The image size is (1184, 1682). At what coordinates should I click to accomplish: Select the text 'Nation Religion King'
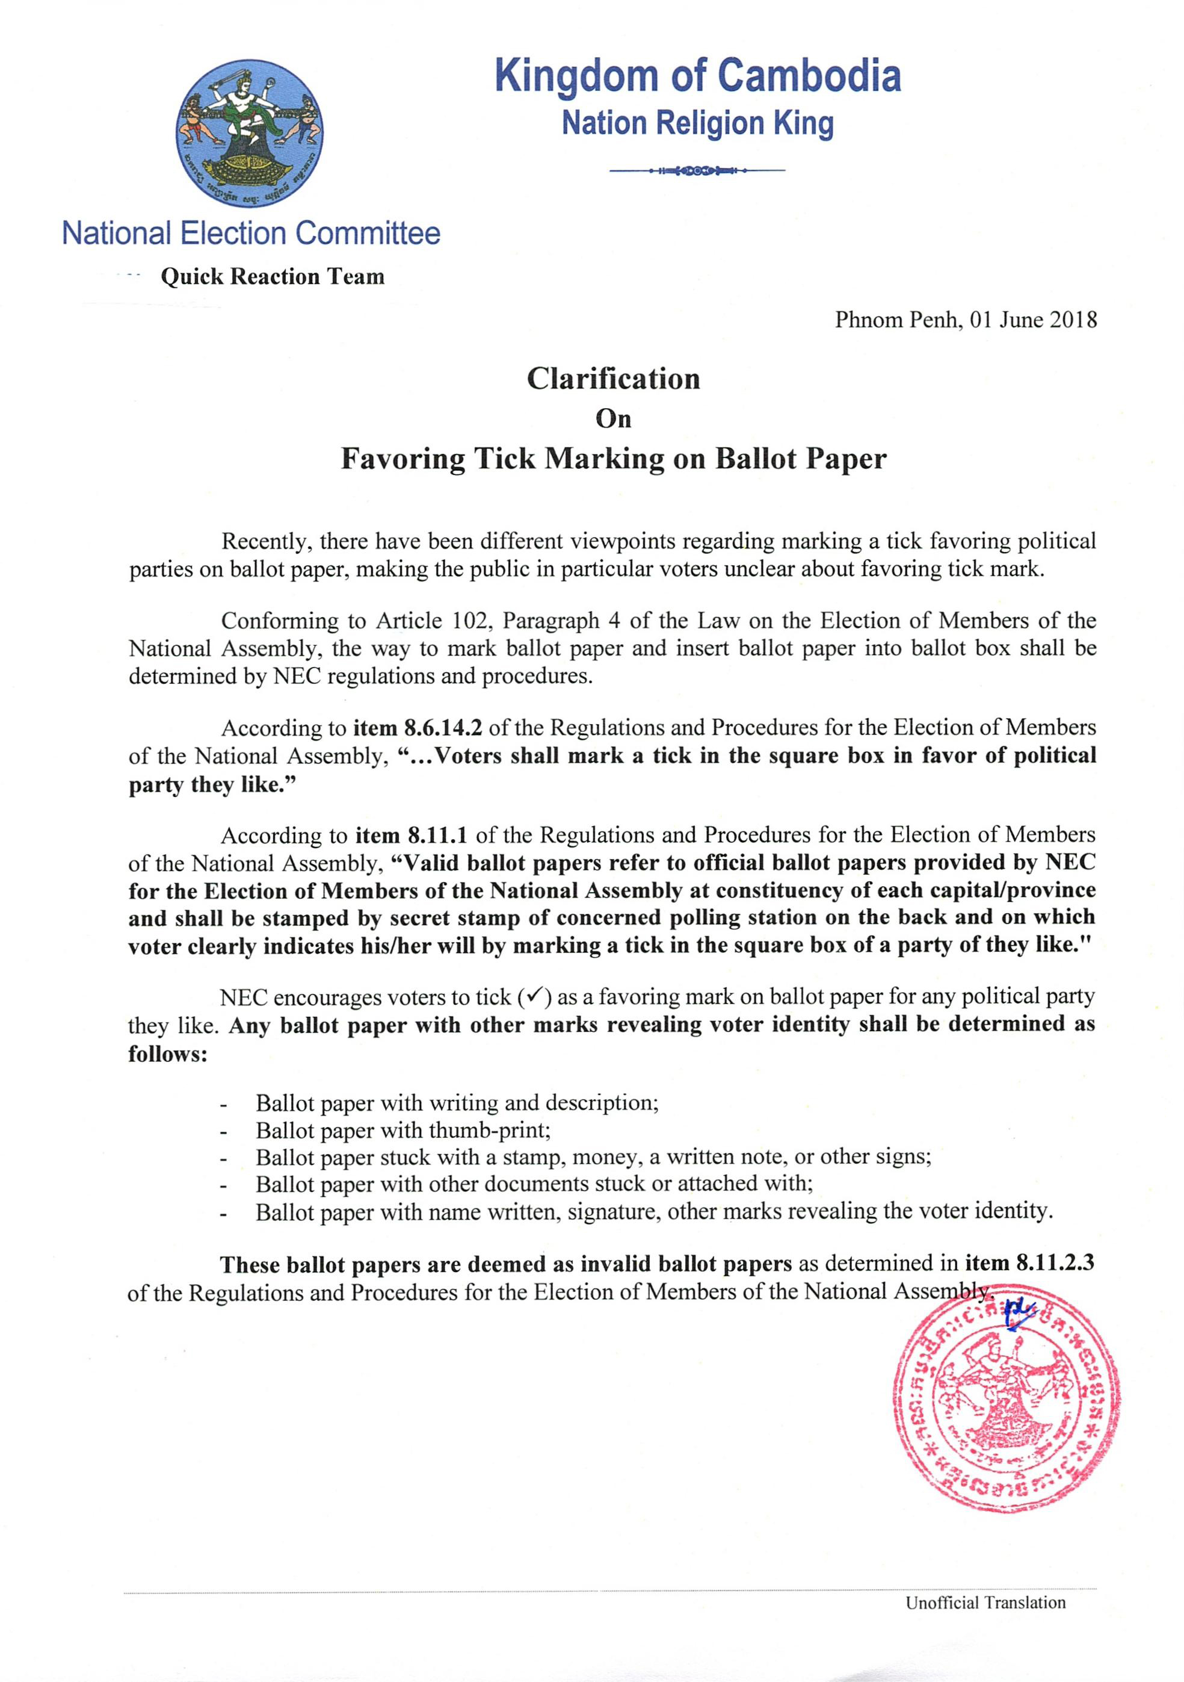point(697,123)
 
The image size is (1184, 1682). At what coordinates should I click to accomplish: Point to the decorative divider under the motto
point(697,171)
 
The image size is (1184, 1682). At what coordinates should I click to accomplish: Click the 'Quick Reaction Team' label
point(273,277)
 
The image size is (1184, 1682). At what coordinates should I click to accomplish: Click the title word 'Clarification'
point(614,379)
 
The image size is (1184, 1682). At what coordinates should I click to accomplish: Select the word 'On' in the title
point(614,418)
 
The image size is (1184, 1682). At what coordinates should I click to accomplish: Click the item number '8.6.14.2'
point(442,728)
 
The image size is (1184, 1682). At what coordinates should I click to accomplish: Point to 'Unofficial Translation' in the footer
point(985,1602)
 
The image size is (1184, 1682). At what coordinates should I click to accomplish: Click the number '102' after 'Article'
point(465,621)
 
